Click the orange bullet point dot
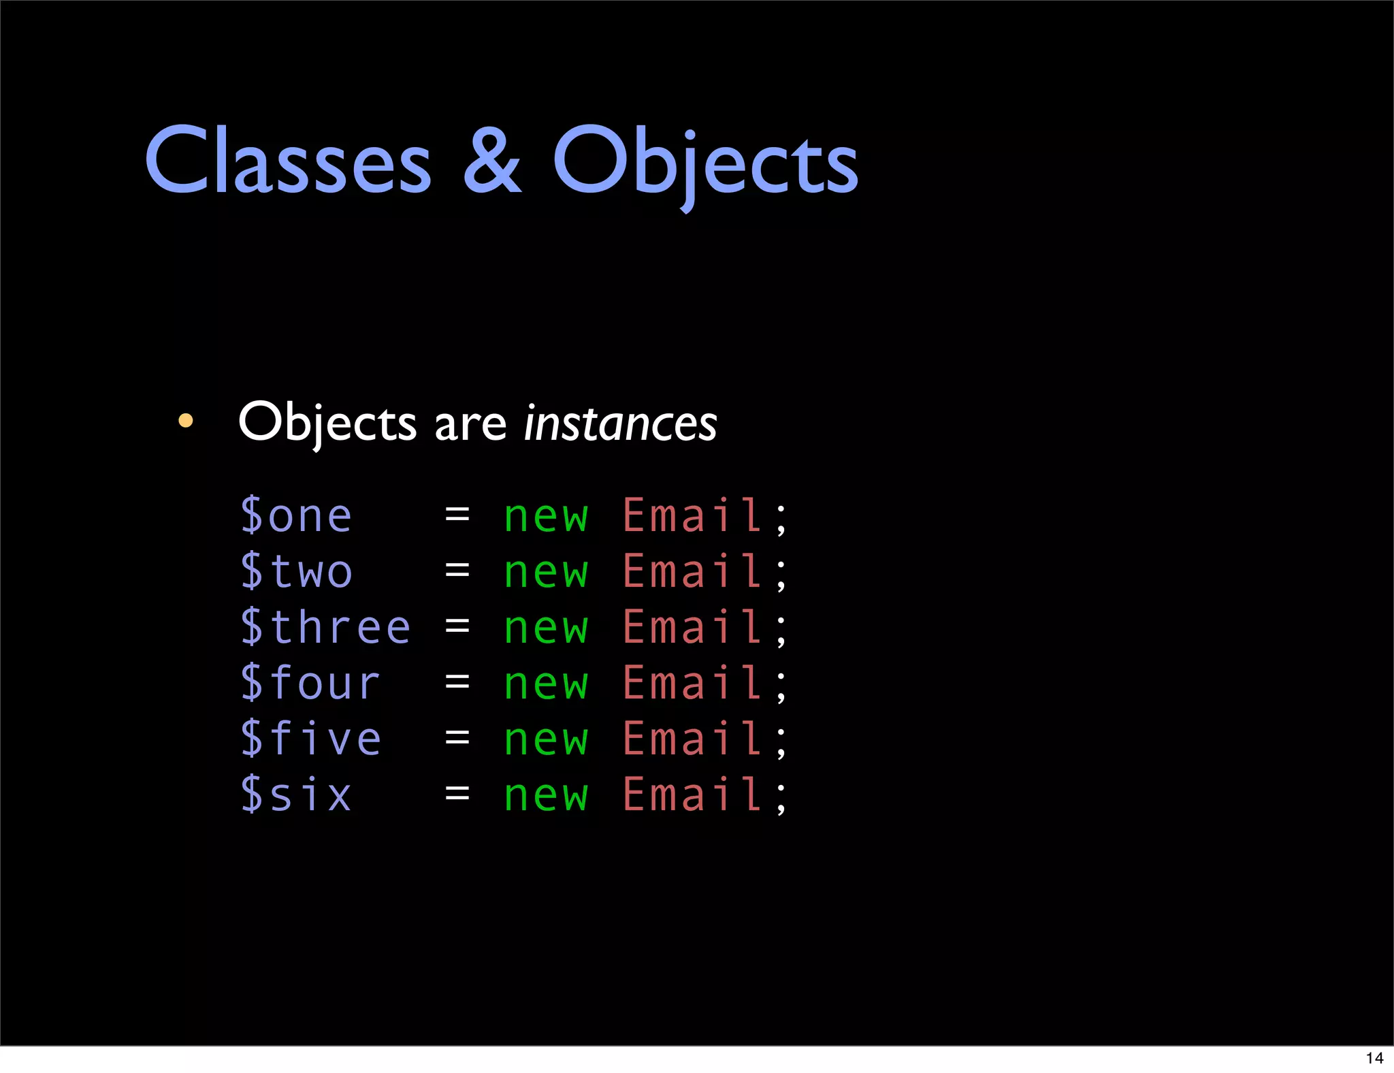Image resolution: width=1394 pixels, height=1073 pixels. click(x=185, y=421)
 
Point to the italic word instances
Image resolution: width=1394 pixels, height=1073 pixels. click(x=620, y=423)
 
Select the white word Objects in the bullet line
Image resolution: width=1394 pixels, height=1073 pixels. click(x=327, y=423)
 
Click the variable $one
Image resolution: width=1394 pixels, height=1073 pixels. click(x=296, y=515)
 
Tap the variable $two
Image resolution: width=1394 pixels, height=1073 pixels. click(x=296, y=571)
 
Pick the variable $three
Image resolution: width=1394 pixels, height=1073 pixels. click(x=325, y=627)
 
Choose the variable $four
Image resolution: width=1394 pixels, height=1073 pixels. click(x=310, y=683)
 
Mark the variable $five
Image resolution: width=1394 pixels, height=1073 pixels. click(x=310, y=739)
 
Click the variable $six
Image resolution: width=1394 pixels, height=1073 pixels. click(x=296, y=795)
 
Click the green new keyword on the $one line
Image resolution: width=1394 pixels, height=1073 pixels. click(x=545, y=517)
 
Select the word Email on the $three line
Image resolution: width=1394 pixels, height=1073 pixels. click(x=692, y=627)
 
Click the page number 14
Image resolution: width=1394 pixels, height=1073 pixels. click(x=1374, y=1058)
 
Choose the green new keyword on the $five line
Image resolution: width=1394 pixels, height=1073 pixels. click(x=545, y=740)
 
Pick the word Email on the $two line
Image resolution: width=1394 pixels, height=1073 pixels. click(x=692, y=571)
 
